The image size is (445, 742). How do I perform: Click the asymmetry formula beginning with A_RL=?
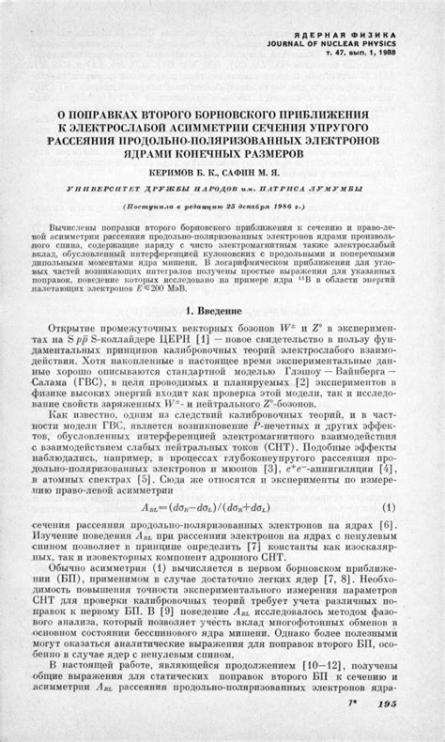tap(221, 507)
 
